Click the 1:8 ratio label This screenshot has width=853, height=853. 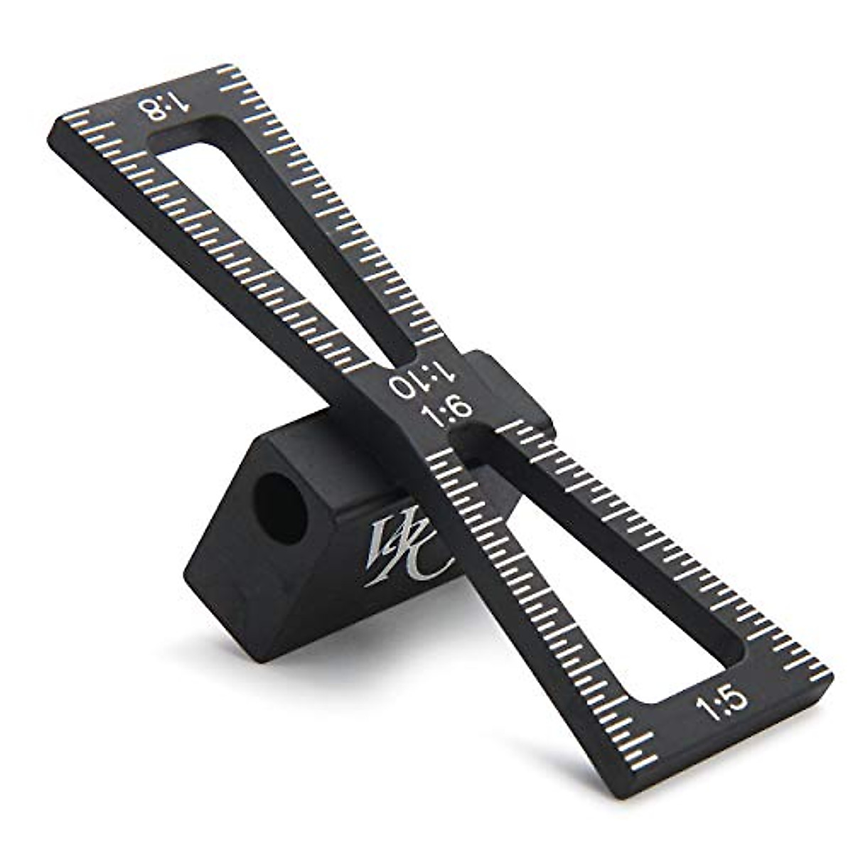tap(165, 108)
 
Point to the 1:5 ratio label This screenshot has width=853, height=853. tap(722, 704)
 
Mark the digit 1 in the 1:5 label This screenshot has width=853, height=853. tap(707, 710)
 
